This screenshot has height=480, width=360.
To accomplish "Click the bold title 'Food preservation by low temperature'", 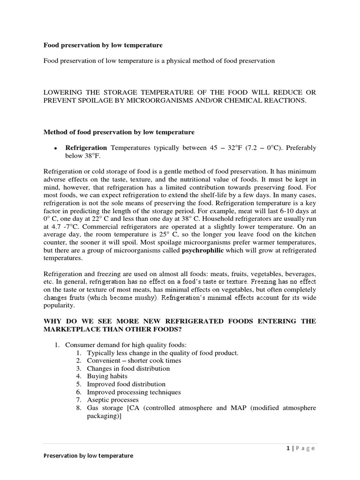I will click(x=103, y=45).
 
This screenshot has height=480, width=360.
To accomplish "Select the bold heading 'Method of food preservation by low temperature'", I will click(x=119, y=133).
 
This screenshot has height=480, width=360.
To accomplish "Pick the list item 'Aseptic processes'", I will click(x=112, y=400).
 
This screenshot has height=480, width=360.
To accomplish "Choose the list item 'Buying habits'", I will click(x=107, y=376).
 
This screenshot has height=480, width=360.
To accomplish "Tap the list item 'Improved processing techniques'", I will click(x=134, y=392).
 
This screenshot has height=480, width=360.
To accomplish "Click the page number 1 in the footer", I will click(x=287, y=448).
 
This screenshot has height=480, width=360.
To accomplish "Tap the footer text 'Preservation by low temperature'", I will click(x=88, y=456).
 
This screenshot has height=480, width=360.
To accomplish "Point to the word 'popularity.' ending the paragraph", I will click(x=59, y=305).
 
